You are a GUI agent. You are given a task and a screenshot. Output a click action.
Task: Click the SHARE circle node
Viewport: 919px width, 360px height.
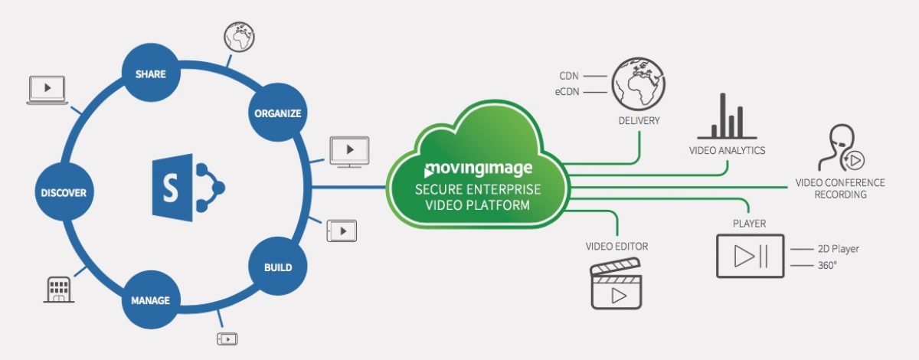click(150, 74)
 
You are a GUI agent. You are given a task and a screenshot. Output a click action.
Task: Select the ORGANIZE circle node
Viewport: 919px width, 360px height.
click(278, 113)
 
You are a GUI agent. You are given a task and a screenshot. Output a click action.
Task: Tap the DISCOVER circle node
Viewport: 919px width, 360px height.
click(64, 192)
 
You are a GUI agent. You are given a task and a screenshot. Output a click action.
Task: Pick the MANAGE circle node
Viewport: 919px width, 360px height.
click(150, 300)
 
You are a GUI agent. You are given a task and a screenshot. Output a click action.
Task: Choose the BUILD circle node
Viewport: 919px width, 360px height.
click(278, 267)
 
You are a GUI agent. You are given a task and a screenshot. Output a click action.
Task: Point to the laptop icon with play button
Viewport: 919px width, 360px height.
click(47, 90)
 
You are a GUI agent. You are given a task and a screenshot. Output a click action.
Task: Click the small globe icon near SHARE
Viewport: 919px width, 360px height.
click(238, 37)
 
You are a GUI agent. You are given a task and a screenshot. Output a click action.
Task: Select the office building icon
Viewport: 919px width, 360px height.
click(59, 290)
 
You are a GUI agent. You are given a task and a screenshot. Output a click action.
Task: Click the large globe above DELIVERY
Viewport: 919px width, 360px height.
click(638, 83)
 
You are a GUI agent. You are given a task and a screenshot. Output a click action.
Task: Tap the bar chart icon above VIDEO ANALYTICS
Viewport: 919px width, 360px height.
click(727, 118)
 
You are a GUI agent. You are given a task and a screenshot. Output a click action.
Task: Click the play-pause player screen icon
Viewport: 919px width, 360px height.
click(750, 256)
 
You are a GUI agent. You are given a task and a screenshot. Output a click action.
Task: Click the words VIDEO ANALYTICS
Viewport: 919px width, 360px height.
click(728, 150)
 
